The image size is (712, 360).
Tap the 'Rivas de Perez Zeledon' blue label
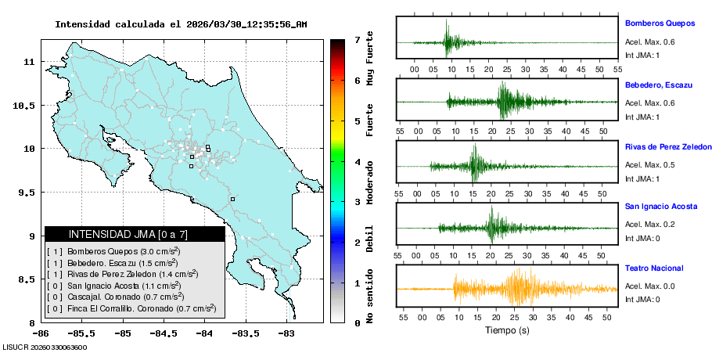coord(667,147)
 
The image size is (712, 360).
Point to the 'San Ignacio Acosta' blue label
coord(661,207)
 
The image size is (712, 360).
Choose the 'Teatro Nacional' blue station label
coord(654,268)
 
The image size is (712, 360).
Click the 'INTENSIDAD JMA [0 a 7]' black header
coord(135,234)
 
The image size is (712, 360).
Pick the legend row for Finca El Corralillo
coord(131,309)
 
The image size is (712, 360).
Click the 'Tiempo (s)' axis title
coord(507,330)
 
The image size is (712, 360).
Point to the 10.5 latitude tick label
coord(24,105)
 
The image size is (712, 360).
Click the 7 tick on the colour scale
coord(357,39)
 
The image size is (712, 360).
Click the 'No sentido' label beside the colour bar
coord(370,297)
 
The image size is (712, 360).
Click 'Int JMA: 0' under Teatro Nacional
coord(642,299)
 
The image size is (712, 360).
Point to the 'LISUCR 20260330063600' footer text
coord(45,347)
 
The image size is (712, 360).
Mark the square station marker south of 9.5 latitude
coord(232,199)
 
